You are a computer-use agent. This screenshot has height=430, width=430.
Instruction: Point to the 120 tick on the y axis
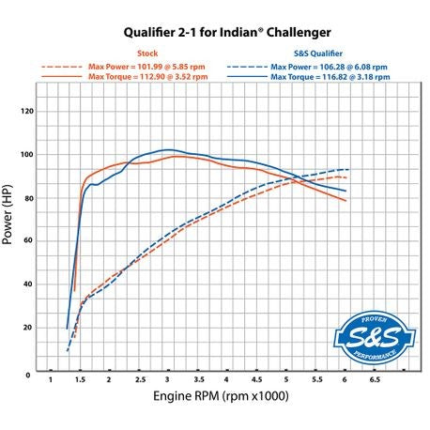tap(26, 111)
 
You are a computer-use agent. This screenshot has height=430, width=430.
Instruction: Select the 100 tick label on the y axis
tap(26, 154)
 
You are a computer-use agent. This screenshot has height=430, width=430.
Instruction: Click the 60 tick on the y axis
tap(28, 241)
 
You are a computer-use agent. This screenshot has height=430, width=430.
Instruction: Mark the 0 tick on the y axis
tap(30, 372)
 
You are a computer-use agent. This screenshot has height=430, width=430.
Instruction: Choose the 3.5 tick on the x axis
tap(198, 381)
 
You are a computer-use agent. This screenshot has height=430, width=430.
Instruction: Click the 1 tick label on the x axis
tap(50, 381)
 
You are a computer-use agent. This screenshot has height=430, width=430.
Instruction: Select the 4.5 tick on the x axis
tap(257, 381)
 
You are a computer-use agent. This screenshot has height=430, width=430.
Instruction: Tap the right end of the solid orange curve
tap(346, 201)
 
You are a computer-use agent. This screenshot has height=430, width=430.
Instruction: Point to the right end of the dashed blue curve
tap(348, 169)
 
